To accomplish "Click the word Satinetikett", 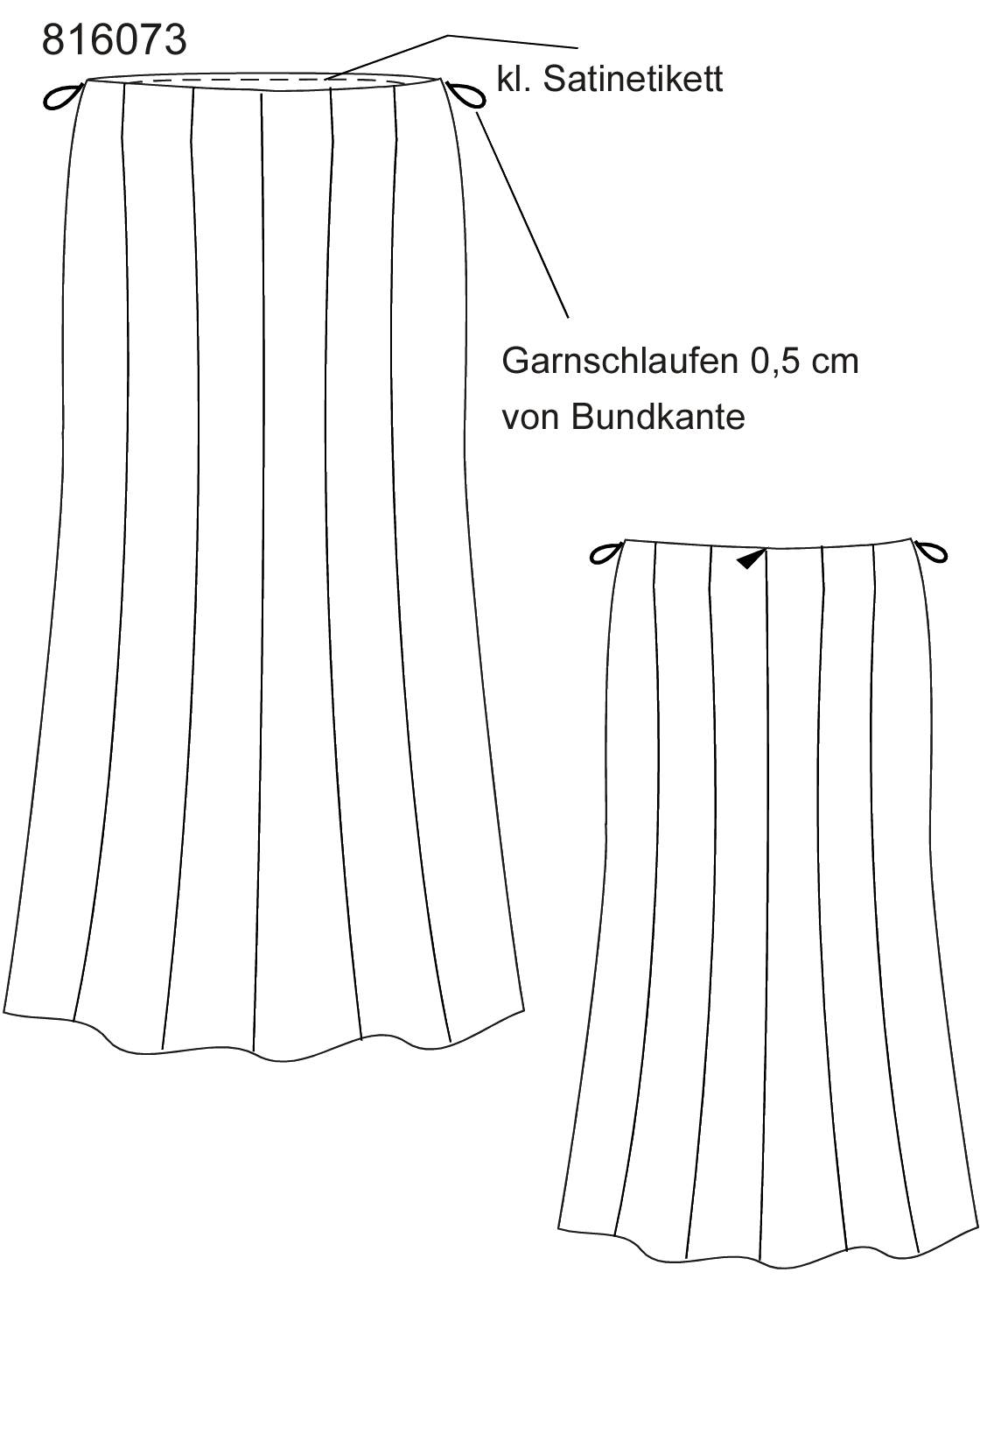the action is point(633,81).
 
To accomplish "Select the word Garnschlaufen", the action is point(619,362).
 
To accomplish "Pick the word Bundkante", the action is point(657,417).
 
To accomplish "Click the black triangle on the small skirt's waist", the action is point(750,559).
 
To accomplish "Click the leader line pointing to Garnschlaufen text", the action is point(522,214).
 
